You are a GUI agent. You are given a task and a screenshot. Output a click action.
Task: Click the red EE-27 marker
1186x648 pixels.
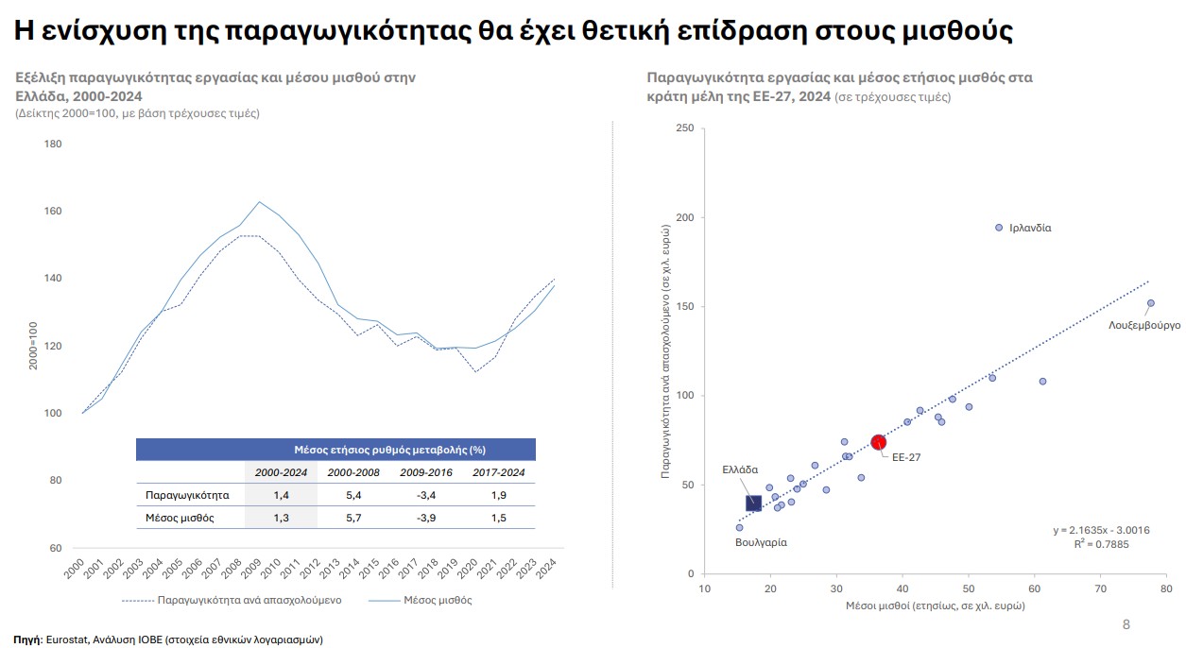click(878, 442)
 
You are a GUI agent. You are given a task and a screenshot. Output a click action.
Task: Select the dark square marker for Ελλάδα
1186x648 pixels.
click(753, 503)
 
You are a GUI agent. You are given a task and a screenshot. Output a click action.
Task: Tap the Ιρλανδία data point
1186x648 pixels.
click(999, 228)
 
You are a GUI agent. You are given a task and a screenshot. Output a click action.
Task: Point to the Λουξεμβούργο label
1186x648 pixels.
click(1144, 325)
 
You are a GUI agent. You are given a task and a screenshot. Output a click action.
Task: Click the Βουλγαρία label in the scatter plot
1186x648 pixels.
click(761, 542)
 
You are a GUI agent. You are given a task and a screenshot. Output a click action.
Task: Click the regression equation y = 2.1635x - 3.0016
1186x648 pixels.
click(1101, 530)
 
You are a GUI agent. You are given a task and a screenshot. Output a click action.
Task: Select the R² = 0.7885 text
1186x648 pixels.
click(1101, 544)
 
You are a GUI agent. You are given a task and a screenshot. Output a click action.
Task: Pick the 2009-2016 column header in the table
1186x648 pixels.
click(425, 472)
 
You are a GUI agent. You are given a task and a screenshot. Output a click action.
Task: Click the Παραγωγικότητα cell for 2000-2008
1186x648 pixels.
click(353, 495)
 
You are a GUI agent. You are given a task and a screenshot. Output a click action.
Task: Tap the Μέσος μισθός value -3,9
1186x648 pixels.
click(425, 518)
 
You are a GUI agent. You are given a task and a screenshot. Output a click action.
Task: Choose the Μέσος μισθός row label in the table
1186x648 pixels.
click(180, 518)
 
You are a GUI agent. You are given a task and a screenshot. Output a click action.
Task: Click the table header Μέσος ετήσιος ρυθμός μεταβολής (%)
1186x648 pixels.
click(389, 450)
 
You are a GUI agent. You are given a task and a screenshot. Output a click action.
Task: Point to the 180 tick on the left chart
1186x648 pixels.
click(53, 144)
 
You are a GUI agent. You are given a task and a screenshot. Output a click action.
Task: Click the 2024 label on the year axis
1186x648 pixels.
click(546, 569)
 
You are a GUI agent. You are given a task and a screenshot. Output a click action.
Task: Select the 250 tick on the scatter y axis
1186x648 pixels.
click(684, 128)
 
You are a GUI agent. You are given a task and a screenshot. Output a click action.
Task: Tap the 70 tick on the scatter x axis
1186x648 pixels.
click(1100, 588)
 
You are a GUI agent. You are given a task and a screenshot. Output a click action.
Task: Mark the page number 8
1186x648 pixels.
click(1126, 624)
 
